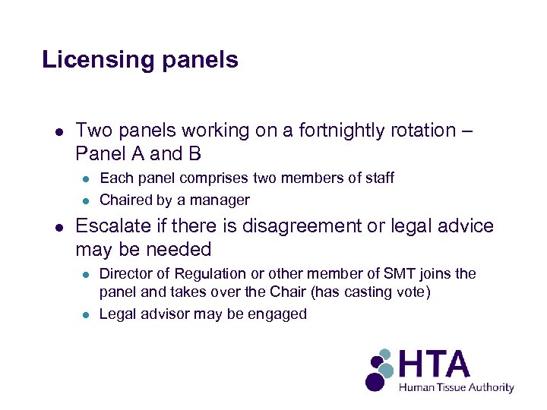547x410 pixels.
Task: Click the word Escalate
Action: click(112, 226)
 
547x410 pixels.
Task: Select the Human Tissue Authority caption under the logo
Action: click(457, 387)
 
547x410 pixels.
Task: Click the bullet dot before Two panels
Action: click(58, 131)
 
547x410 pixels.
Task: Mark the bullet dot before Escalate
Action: click(58, 227)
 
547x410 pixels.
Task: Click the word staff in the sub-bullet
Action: click(378, 178)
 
